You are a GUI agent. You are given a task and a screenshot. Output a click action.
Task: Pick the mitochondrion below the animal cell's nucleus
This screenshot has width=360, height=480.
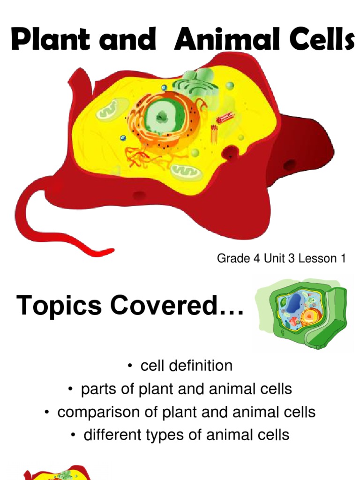(x=186, y=171)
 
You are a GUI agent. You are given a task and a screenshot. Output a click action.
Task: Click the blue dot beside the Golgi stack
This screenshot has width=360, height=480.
(x=164, y=88)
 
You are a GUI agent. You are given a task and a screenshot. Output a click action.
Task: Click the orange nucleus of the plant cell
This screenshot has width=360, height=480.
(x=310, y=316)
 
